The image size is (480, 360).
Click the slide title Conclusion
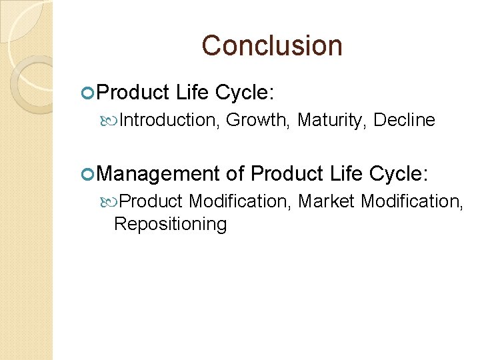(272, 45)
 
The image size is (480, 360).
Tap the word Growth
(258, 120)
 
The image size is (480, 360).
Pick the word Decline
(404, 120)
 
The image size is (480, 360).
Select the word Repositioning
(170, 224)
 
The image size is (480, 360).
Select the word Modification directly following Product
(240, 201)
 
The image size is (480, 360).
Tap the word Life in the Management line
(345, 174)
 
